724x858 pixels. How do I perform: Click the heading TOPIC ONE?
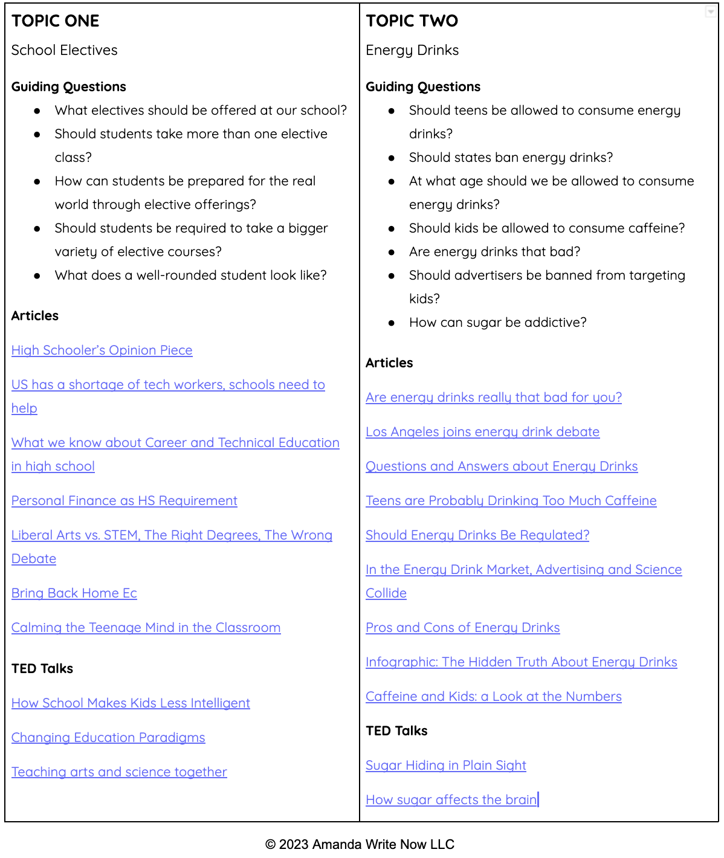click(55, 21)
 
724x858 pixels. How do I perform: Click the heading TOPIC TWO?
click(412, 21)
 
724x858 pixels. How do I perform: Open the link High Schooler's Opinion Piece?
click(102, 350)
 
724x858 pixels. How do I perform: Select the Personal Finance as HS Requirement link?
click(124, 501)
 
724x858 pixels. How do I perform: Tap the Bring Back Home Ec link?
click(74, 593)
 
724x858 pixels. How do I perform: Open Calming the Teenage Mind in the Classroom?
click(146, 628)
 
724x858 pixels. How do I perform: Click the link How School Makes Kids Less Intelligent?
click(131, 703)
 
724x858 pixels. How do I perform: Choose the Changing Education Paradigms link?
click(108, 738)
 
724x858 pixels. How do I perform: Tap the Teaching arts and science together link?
click(119, 772)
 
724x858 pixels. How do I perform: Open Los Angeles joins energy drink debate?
click(482, 432)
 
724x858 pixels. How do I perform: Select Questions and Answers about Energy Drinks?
click(502, 466)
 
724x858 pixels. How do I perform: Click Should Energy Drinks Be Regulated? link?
click(477, 535)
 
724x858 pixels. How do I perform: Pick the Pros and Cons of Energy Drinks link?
click(462, 628)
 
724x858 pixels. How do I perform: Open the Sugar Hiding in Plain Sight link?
click(445, 766)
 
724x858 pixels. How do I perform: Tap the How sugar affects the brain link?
click(451, 800)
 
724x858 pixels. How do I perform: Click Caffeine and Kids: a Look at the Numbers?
click(493, 697)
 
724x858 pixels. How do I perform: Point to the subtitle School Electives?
click(64, 50)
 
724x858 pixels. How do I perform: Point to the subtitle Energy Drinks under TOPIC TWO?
click(412, 50)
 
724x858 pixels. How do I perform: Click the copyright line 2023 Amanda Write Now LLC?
click(360, 845)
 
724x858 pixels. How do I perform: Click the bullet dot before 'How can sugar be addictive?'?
click(392, 323)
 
